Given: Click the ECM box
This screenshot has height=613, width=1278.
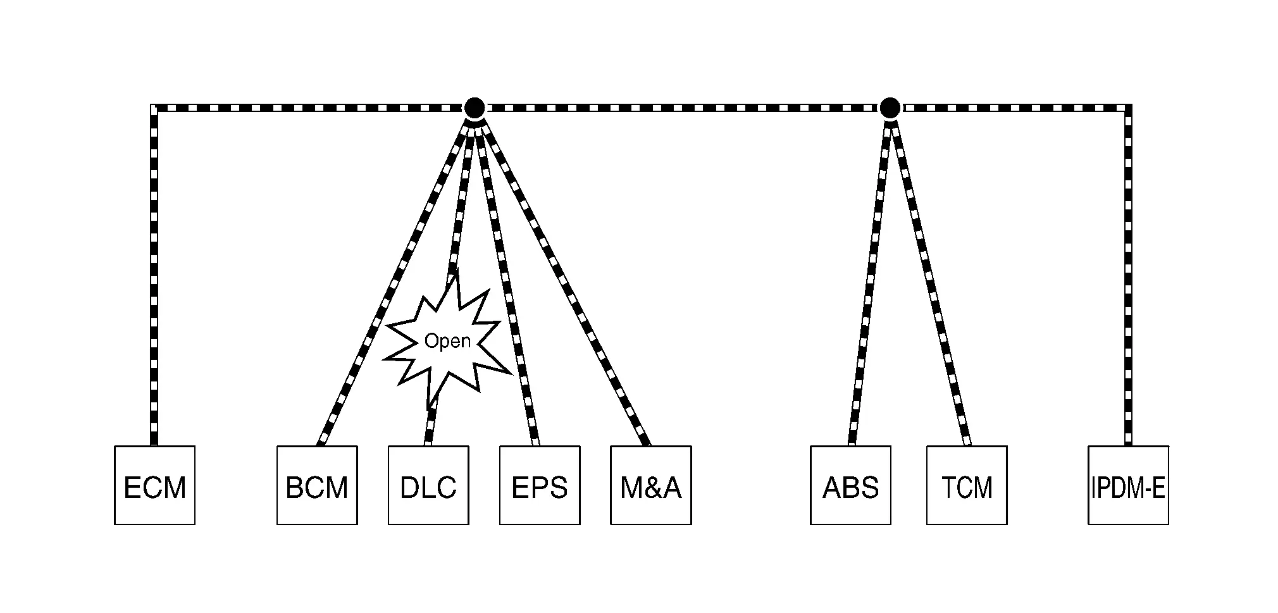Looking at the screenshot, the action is (x=154, y=485).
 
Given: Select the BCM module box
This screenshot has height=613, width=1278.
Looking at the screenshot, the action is (x=317, y=485).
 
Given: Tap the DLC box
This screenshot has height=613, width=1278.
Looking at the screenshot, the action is (x=428, y=485).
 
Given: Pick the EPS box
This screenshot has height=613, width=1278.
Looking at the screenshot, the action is (x=540, y=485).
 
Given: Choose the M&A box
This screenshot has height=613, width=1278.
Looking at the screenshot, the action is (x=651, y=485).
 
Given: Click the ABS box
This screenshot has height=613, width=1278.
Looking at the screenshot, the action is (x=850, y=485).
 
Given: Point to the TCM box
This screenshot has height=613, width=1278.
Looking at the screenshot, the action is (x=967, y=485).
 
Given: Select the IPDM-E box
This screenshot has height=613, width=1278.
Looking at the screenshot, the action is (x=1128, y=485).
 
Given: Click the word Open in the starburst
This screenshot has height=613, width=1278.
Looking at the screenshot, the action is (x=447, y=342).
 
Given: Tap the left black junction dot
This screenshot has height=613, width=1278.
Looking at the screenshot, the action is (x=474, y=108).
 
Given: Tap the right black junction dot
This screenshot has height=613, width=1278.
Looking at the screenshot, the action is (x=890, y=108).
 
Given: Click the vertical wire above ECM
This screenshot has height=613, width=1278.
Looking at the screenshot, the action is (x=154, y=276).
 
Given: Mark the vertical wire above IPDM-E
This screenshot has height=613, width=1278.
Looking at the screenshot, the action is (x=1128, y=276).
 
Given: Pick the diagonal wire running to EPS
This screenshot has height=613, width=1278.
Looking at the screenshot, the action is (x=507, y=283).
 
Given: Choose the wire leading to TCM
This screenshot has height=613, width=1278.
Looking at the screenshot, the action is (x=929, y=283).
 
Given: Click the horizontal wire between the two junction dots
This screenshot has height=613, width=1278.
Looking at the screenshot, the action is (x=682, y=108).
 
